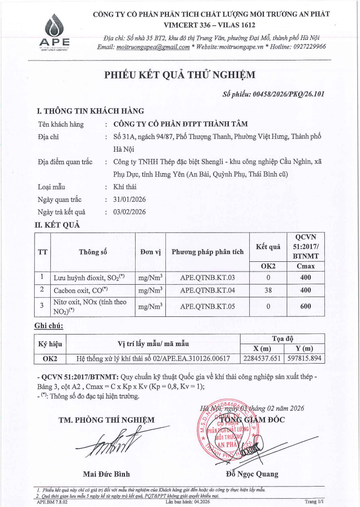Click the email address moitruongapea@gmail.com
coord(153,47)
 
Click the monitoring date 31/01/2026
coord(129,200)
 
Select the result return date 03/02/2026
coord(129,212)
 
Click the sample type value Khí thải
coord(123,187)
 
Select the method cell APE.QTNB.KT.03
coord(207,278)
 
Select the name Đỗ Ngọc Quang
coord(252,474)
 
